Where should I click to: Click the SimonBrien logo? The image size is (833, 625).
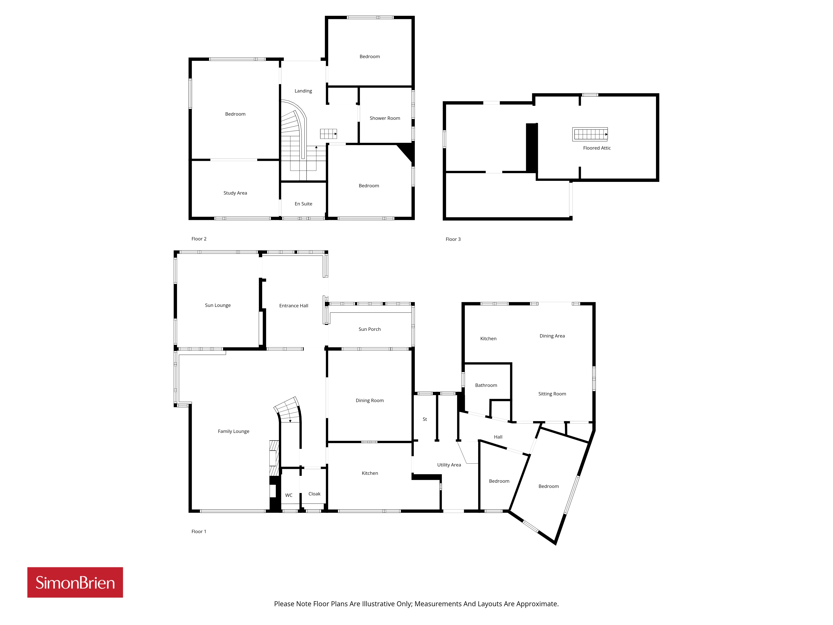pyautogui.click(x=75, y=582)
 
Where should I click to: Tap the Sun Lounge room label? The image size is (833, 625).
pyautogui.click(x=218, y=305)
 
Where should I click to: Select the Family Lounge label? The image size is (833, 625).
pyautogui.click(x=233, y=431)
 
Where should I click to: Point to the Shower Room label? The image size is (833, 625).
pyautogui.click(x=385, y=118)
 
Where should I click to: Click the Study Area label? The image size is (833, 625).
pyautogui.click(x=235, y=193)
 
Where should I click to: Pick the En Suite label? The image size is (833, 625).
pyautogui.click(x=304, y=204)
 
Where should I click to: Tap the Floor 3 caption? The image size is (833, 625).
pyautogui.click(x=453, y=239)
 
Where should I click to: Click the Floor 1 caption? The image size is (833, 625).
pyautogui.click(x=199, y=532)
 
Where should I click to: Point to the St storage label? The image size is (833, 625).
pyautogui.click(x=425, y=419)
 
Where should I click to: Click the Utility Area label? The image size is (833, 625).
pyautogui.click(x=449, y=465)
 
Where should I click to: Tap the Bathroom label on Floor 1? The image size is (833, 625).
pyautogui.click(x=486, y=385)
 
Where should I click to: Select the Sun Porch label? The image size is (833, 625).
pyautogui.click(x=369, y=329)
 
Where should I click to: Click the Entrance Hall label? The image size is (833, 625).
pyautogui.click(x=294, y=306)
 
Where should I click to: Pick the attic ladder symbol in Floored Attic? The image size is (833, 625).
pyautogui.click(x=590, y=134)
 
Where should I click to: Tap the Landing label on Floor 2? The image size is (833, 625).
pyautogui.click(x=303, y=91)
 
